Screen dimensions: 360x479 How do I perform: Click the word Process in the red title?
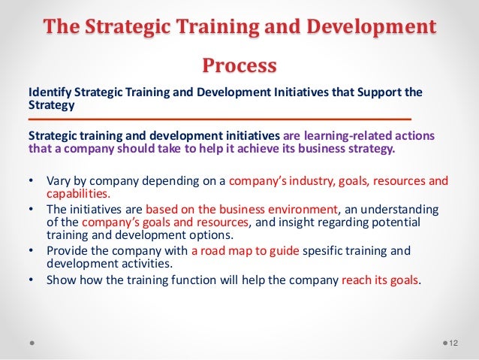point(239,65)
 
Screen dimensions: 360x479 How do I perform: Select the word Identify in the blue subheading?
point(49,92)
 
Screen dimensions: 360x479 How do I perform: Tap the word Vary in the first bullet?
point(59,180)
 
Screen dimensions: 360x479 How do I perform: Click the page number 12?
point(452,343)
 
